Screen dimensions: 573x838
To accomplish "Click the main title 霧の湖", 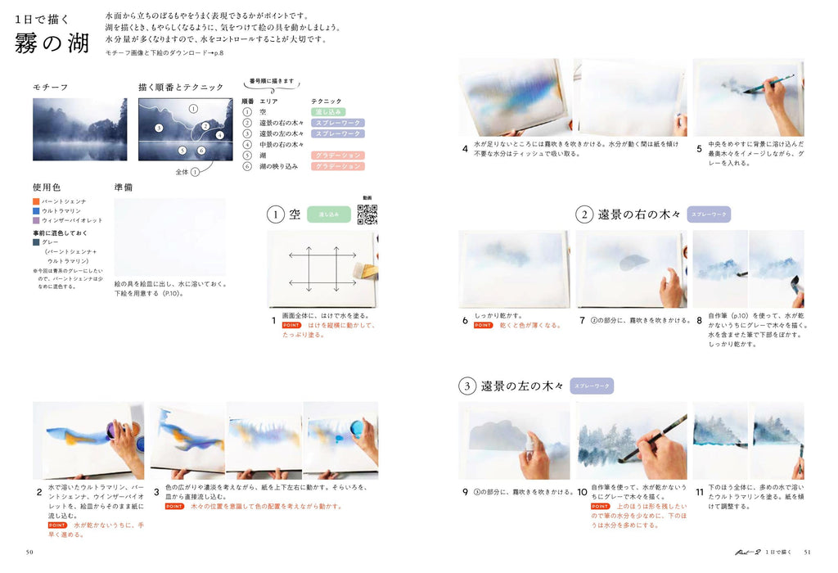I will (x=52, y=43).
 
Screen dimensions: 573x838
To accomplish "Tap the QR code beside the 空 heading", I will (x=367, y=214).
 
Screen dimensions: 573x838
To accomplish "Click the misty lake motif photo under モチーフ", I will (x=79, y=129).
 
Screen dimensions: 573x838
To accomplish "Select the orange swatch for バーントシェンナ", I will (x=36, y=201).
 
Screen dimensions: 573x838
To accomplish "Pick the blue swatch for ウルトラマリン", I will (x=36, y=210).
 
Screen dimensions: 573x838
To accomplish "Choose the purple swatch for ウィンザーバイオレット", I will (x=36, y=219).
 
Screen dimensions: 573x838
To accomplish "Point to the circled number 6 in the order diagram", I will (x=200, y=151).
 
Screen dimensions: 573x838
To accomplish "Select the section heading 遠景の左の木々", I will (x=522, y=386).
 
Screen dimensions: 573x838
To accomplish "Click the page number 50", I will (x=30, y=552).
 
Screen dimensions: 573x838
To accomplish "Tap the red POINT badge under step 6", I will (x=483, y=325).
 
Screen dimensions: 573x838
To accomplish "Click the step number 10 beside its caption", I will (x=582, y=492).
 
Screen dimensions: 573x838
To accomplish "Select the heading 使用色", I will (x=46, y=187).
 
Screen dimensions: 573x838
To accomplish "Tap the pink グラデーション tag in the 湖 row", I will (x=337, y=155).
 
